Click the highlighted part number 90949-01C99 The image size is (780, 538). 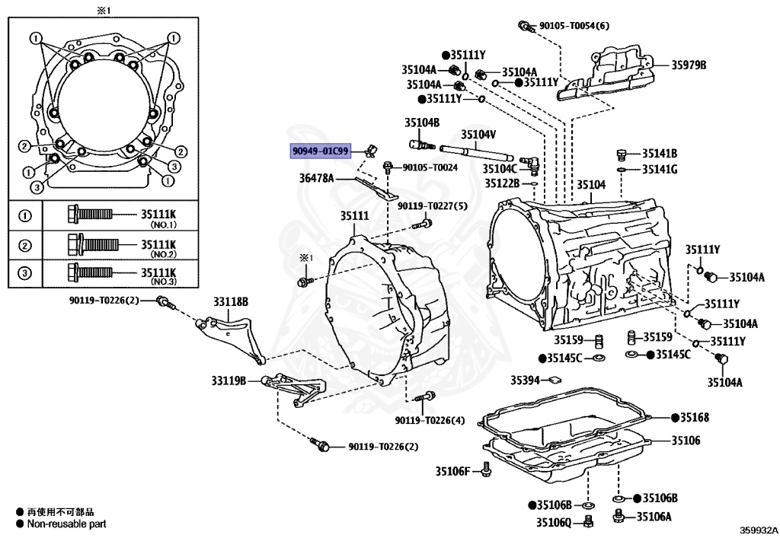pyautogui.click(x=321, y=151)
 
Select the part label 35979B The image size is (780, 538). pyautogui.click(x=689, y=65)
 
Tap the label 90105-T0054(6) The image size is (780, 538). pyautogui.click(x=575, y=26)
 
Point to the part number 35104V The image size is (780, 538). pyautogui.click(x=478, y=135)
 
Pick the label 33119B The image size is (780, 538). pyautogui.click(x=229, y=380)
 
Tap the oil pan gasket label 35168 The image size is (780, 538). pyautogui.click(x=694, y=417)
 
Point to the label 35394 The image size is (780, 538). pyautogui.click(x=526, y=380)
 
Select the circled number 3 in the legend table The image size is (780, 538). pyautogui.click(x=24, y=273)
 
